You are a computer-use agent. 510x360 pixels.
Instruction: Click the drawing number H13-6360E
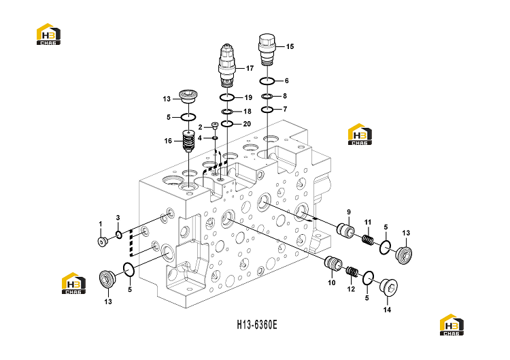(257, 325)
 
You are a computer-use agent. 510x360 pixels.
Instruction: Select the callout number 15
(290, 46)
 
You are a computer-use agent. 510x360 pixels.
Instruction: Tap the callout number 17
(250, 68)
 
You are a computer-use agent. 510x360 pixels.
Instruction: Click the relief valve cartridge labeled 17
(226, 66)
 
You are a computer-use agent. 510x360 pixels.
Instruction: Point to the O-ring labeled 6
(267, 81)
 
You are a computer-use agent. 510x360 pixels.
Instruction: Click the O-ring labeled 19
(226, 97)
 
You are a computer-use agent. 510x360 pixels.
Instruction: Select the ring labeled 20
(226, 124)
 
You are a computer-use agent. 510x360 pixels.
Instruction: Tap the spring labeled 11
(368, 240)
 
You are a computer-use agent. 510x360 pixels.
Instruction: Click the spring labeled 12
(352, 271)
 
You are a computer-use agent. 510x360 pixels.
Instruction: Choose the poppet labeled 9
(345, 229)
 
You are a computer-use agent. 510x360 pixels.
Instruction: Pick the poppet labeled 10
(333, 263)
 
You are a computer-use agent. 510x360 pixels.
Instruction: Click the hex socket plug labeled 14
(390, 287)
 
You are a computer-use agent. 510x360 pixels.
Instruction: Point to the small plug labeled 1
(103, 242)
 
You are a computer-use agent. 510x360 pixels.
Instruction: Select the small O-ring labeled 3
(119, 234)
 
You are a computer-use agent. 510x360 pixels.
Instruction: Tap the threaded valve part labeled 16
(188, 141)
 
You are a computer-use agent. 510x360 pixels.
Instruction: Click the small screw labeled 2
(214, 125)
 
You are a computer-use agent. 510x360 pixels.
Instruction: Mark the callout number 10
(331, 282)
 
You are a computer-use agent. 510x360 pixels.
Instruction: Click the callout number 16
(168, 141)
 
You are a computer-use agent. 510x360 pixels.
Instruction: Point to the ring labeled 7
(267, 110)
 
